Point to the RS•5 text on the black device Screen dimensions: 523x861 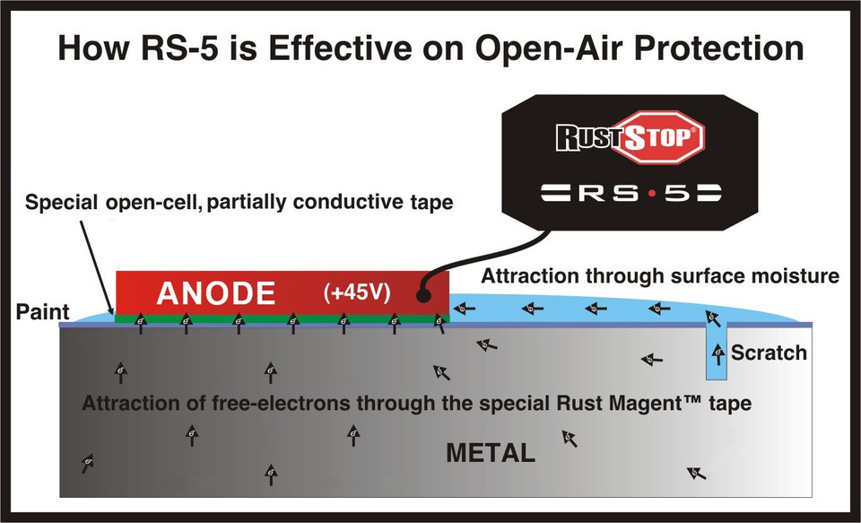(631, 193)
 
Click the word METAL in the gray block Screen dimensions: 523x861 (491, 453)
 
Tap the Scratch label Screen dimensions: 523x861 (769, 353)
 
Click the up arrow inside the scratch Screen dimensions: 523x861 (717, 351)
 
